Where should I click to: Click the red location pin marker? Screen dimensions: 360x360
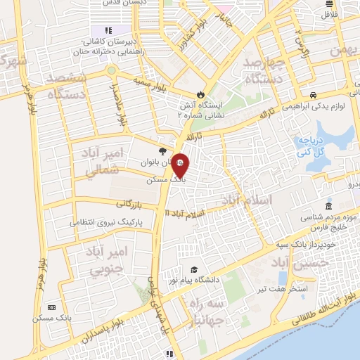coord(181,166)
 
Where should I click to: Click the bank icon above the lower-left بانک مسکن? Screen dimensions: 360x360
coord(51,307)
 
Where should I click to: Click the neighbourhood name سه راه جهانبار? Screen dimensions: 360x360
coord(207,312)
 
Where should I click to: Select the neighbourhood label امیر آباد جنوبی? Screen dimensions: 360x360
coord(108,259)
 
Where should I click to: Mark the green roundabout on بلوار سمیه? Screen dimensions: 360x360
coord(111,71)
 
